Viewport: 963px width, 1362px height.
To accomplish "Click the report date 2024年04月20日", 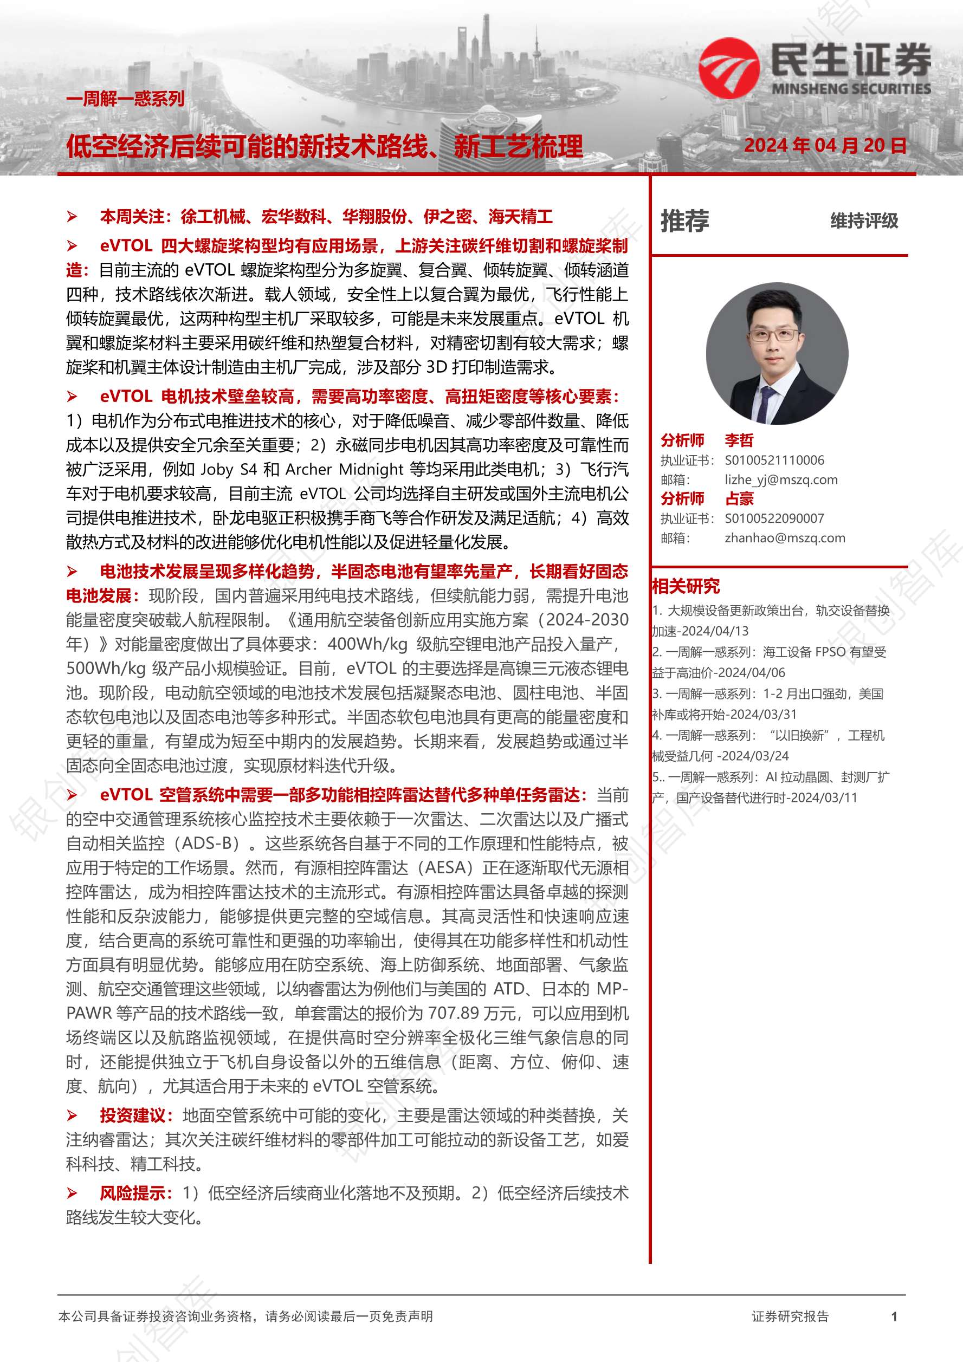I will [825, 145].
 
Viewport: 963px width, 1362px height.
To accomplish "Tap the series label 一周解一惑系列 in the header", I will [125, 99].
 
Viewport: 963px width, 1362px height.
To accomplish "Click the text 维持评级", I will [863, 221].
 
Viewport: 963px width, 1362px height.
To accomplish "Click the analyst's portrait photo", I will [777, 354].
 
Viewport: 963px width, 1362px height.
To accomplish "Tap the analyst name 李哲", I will [739, 440].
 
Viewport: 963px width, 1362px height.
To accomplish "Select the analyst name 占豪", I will [739, 498].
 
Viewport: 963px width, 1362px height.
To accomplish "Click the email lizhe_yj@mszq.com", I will [781, 479].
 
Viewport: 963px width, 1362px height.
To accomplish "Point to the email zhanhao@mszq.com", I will [784, 537].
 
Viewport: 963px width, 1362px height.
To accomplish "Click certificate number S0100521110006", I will [774, 460].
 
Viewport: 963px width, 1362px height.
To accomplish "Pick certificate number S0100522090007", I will [774, 518].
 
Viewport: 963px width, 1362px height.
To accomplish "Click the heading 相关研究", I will [686, 586].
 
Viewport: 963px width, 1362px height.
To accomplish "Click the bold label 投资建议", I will [132, 1115].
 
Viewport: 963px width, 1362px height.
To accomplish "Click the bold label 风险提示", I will [132, 1193].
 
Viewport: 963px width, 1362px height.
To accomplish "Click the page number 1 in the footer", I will [894, 1317].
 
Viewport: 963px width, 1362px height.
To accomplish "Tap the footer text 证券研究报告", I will [790, 1317].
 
